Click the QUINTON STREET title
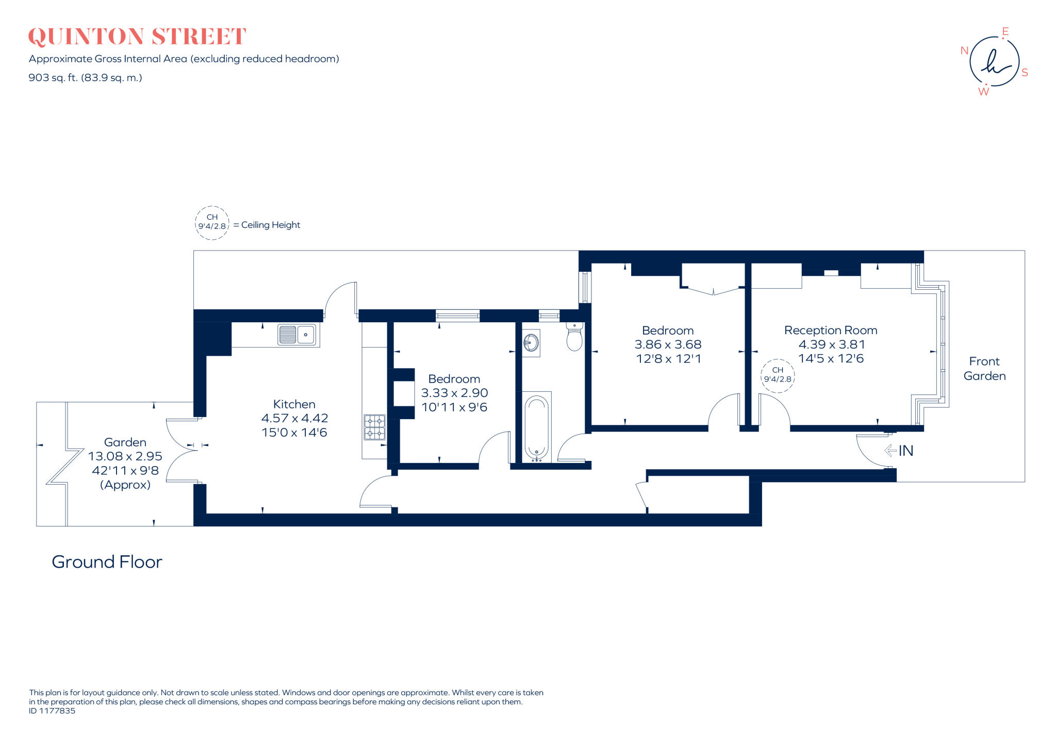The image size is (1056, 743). [137, 37]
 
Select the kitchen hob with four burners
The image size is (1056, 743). [375, 427]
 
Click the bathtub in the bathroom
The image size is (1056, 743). [537, 427]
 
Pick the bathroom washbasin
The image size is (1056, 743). [531, 342]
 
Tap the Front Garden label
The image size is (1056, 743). [984, 369]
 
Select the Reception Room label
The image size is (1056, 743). [831, 330]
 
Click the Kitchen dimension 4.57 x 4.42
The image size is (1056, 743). [294, 418]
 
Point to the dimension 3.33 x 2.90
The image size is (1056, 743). [454, 393]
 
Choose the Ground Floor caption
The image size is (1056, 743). [107, 562]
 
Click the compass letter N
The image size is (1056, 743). [964, 51]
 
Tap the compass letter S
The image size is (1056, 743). [1025, 73]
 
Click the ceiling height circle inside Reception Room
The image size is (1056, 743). [778, 375]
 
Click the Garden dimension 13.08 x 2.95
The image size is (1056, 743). [125, 456]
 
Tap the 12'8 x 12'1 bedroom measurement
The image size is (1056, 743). [668, 359]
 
